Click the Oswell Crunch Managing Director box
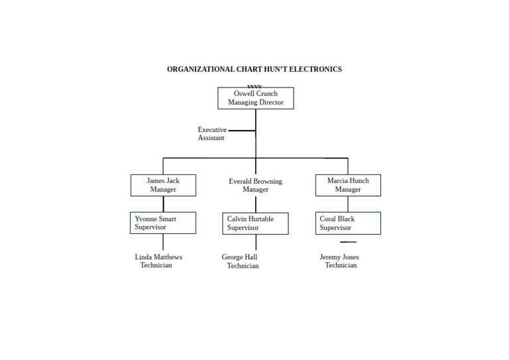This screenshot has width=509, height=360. [255, 98]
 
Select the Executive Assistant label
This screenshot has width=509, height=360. [212, 134]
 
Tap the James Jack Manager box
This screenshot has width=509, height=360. [163, 185]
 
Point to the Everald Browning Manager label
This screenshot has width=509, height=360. [255, 186]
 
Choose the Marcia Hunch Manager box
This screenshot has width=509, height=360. [348, 185]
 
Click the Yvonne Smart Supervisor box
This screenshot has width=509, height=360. [163, 223]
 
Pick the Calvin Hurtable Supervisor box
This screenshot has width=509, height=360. [255, 223]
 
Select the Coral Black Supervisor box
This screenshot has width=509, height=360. [348, 223]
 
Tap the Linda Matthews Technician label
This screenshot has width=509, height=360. [158, 261]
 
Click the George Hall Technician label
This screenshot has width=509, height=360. [240, 261]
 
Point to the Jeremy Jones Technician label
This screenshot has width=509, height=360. [339, 261]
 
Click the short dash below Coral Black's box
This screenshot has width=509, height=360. [348, 242]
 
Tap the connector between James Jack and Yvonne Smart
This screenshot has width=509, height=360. [163, 204]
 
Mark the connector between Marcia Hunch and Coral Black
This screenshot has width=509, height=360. [348, 204]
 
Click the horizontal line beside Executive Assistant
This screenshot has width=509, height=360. [242, 131]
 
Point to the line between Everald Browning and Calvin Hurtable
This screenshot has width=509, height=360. [256, 204]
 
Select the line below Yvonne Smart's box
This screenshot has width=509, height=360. [163, 242]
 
